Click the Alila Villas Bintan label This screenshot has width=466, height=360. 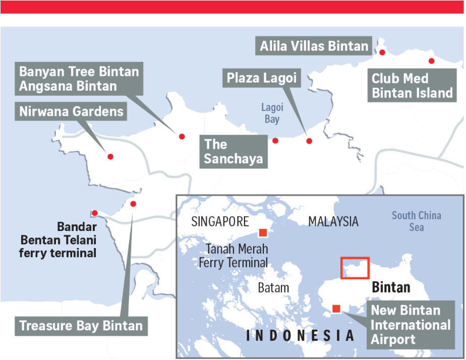pos(314,46)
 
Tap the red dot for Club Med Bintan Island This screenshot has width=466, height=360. pos(431,61)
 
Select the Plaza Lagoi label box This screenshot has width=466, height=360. pos(261,79)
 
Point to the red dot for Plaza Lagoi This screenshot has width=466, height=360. pos(309,141)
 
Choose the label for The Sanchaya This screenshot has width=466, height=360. pos(234,151)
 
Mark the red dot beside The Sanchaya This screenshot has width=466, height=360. pos(275,141)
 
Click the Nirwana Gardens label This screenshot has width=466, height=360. pos(72,111)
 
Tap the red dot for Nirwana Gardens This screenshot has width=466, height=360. pos(110,157)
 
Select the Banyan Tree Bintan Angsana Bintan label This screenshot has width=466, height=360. pos(79,79)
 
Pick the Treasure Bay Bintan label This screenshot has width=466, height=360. pos(81,325)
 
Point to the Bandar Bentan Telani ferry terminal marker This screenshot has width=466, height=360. pos(94,213)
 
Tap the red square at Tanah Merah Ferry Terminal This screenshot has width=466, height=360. pos(263,232)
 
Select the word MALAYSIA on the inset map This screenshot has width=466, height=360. pos(333,221)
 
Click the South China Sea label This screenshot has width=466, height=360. pos(417,221)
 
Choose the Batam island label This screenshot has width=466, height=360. pos(273,288)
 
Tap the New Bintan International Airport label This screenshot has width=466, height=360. pos(411,325)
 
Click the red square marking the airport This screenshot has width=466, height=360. pos(336,309)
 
